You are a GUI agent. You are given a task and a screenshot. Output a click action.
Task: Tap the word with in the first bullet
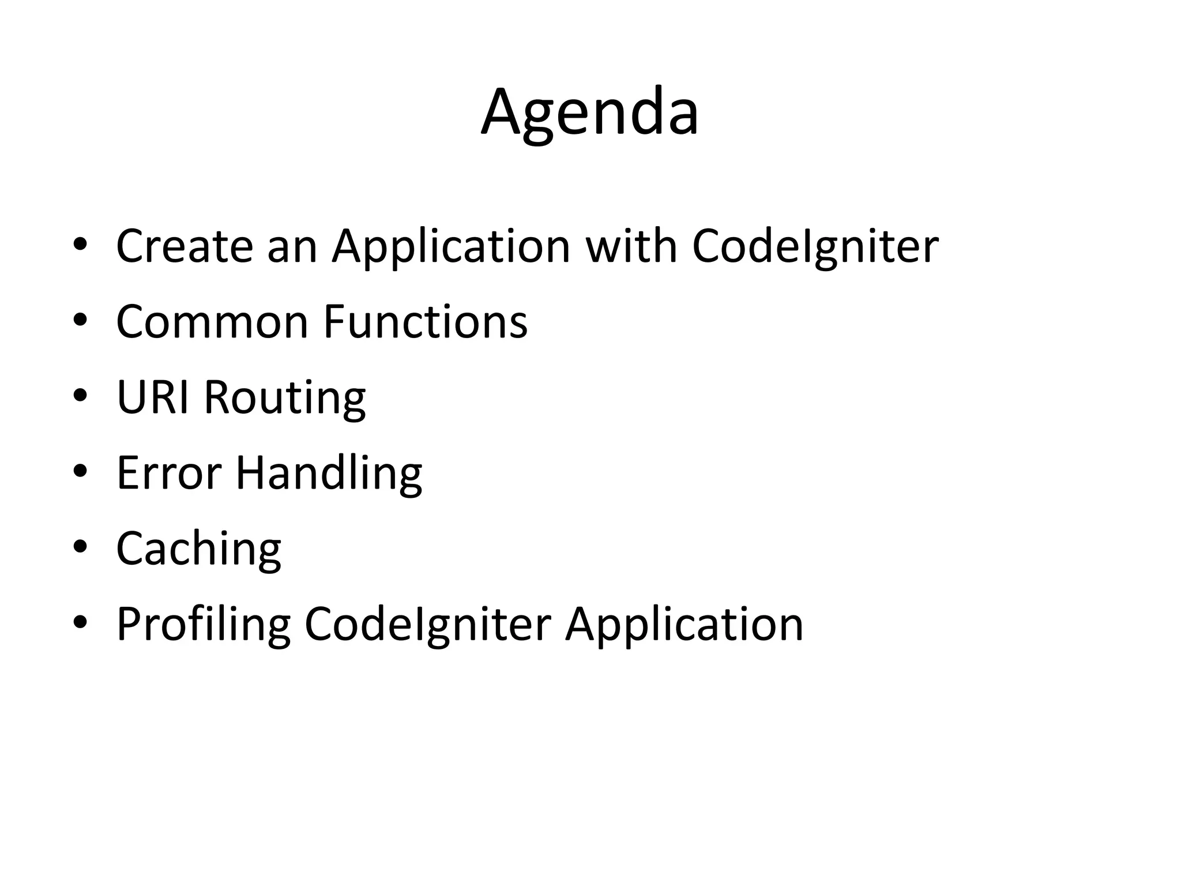[x=631, y=246]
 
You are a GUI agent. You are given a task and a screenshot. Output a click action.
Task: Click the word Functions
[x=426, y=322]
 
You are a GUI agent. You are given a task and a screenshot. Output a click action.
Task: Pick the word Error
[x=169, y=473]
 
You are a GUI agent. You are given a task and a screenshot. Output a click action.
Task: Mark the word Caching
[x=198, y=550]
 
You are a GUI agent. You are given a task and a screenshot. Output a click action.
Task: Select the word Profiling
[x=203, y=625]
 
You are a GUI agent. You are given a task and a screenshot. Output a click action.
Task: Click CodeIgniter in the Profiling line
[x=427, y=625]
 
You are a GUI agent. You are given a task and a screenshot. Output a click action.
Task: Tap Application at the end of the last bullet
[x=684, y=625]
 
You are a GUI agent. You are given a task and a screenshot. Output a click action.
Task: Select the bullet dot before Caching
[x=80, y=546]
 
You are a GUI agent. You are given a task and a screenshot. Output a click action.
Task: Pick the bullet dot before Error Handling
[x=80, y=471]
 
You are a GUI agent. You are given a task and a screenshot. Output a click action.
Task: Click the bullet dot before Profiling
[x=80, y=622]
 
